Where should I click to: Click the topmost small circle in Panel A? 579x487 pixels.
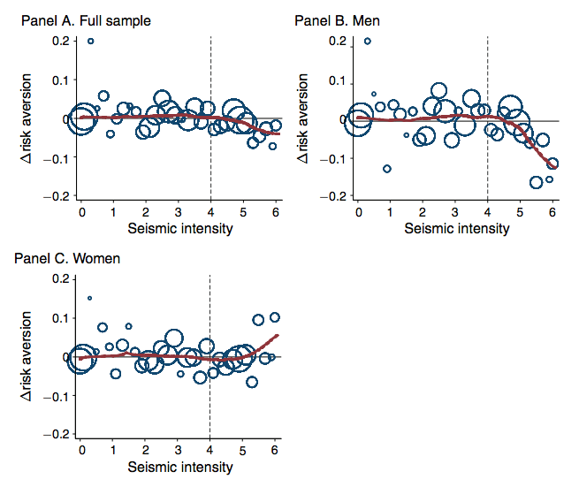pyautogui.click(x=90, y=41)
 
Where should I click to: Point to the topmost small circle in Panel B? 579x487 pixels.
pyautogui.click(x=368, y=41)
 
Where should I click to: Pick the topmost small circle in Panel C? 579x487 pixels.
pyautogui.click(x=89, y=299)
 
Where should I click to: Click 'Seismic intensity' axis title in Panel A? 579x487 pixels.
pyautogui.click(x=180, y=229)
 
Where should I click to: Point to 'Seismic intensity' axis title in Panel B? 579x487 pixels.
pyautogui.click(x=457, y=229)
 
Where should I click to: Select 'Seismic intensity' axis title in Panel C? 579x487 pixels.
pyautogui.click(x=180, y=467)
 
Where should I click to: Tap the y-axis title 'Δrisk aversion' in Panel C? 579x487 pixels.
pyautogui.click(x=27, y=356)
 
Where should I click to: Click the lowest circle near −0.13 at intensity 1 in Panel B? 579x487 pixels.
pyautogui.click(x=386, y=169)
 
